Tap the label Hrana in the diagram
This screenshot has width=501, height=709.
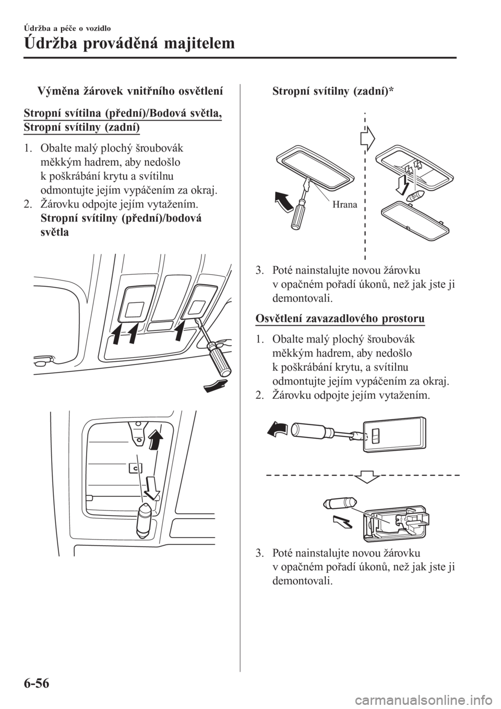tap(345, 205)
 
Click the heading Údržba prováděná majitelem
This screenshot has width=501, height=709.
tap(129, 43)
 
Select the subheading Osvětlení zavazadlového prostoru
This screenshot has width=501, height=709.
tap(340, 318)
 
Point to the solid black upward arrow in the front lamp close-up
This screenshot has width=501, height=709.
tap(155, 437)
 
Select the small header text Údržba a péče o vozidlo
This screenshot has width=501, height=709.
tap(67, 29)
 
